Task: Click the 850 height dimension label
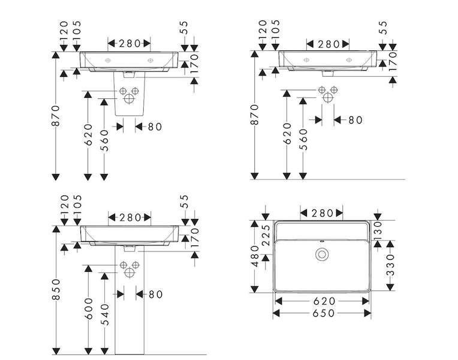click(56, 289)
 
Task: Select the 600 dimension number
click(88, 309)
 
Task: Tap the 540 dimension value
click(104, 314)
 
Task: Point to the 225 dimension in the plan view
click(266, 235)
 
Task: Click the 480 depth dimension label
click(255, 256)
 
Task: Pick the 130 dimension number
click(378, 230)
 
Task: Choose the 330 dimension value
click(390, 265)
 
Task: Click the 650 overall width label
click(323, 313)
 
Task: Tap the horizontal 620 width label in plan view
click(324, 301)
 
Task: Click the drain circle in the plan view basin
click(322, 254)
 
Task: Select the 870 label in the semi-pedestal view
click(56, 116)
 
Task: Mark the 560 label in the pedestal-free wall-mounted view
click(304, 139)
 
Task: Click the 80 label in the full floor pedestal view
click(156, 294)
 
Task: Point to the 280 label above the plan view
click(322, 213)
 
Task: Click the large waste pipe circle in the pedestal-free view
click(328, 97)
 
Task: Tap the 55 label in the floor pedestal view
click(184, 202)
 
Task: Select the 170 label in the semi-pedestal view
click(194, 64)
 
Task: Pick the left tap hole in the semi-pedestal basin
click(108, 61)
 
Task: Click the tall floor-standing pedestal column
click(129, 301)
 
